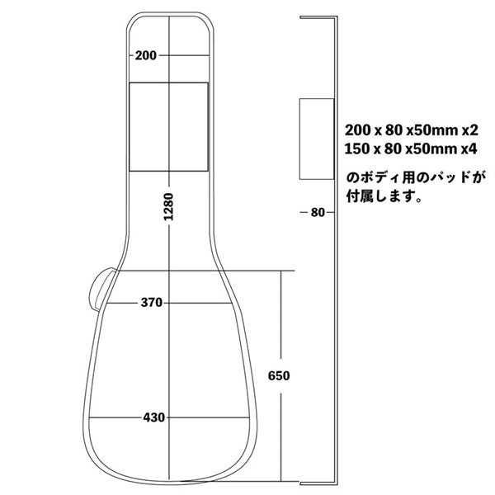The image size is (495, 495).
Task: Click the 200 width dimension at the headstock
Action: coord(145,55)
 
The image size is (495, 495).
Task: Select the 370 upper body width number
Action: coord(151,303)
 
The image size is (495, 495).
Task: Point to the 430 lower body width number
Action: coord(153,417)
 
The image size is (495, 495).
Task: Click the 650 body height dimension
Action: coord(280,375)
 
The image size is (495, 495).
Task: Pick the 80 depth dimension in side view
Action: coord(318,212)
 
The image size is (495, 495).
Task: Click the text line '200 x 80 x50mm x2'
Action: coord(412,130)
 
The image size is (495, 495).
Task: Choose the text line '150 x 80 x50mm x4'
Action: coord(412,148)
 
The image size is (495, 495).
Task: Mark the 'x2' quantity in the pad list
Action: coord(470,130)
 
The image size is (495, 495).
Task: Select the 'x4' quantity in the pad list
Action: coord(470,148)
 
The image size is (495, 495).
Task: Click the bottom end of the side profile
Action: coord(318,482)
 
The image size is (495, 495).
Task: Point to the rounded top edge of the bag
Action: coord(169,14)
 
